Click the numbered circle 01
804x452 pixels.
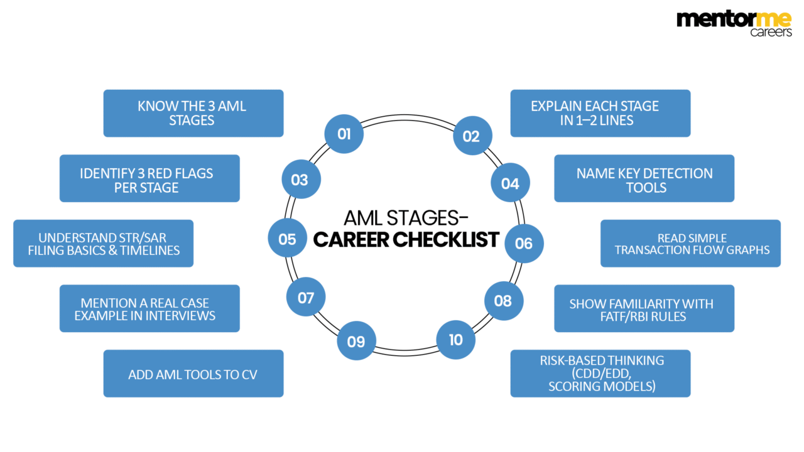tap(344, 134)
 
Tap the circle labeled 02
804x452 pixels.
tap(472, 137)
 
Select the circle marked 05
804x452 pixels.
tap(287, 239)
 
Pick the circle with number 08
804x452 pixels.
tap(503, 301)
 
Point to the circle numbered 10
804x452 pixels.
tap(455, 340)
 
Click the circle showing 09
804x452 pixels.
tap(356, 342)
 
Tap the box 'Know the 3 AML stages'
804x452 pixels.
tap(193, 113)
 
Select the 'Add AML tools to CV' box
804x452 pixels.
tap(193, 374)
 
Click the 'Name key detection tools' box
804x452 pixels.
tap(644, 179)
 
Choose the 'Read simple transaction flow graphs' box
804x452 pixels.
tap(690, 244)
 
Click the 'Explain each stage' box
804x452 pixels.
tap(600, 113)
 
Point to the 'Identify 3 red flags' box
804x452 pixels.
tap(149, 179)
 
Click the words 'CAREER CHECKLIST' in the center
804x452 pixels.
tap(406, 239)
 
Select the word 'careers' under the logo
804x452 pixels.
tap(771, 33)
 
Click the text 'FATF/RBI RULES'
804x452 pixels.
tap(644, 316)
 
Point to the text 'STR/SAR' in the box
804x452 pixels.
tap(146, 238)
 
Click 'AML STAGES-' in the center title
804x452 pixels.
tap(406, 218)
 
